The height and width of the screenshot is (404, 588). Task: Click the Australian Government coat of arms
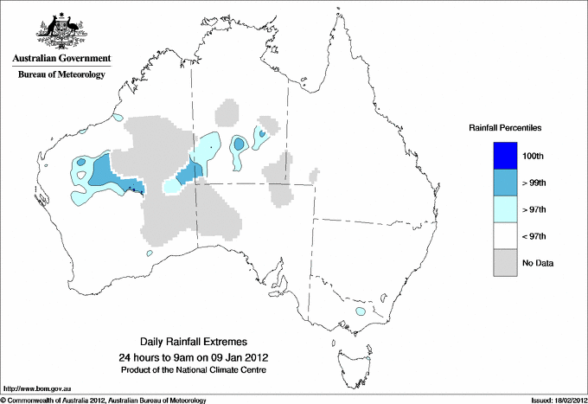click(61, 30)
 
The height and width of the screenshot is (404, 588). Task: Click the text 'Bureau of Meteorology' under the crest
click(61, 75)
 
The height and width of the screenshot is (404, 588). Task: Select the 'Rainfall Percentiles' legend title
click(505, 127)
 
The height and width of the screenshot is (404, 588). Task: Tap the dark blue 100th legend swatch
click(506, 156)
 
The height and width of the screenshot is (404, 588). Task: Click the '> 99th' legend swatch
click(506, 183)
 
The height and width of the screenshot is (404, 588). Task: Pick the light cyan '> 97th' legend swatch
click(506, 209)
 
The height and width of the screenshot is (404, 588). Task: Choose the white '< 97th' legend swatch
click(506, 236)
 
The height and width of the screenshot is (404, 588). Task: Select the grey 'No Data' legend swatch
click(506, 263)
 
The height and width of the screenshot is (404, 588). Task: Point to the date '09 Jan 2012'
click(239, 356)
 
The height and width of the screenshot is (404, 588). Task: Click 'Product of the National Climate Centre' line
click(193, 369)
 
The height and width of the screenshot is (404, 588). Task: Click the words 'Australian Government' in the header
click(61, 59)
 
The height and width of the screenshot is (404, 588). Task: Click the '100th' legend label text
click(534, 156)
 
